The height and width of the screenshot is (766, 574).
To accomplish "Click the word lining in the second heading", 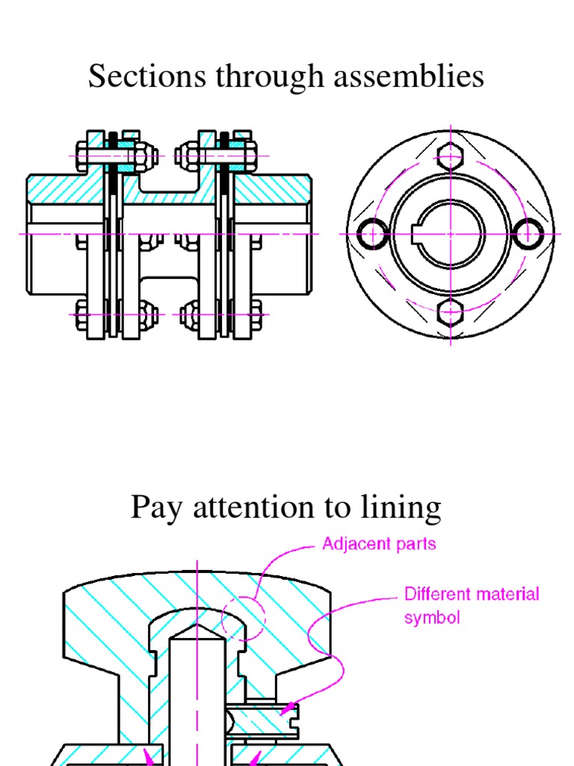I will coord(406,507).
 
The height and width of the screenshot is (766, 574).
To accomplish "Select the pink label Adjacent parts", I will coord(379,544).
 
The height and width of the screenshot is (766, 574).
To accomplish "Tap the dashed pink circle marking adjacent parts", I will coord(244,618).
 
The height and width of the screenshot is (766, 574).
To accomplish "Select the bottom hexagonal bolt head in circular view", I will coord(451,312).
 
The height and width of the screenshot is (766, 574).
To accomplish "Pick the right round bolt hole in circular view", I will coord(529,234).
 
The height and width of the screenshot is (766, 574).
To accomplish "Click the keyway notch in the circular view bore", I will coord(419,234).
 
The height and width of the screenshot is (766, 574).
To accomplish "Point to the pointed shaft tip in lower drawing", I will coord(197,629).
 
